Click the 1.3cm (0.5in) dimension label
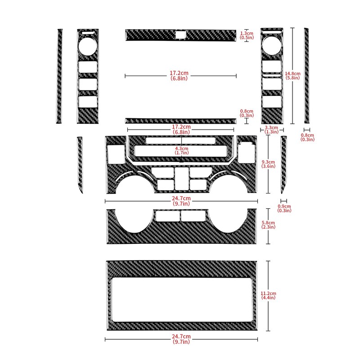[247, 36]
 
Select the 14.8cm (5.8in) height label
[293, 75]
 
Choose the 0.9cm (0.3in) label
[284, 208]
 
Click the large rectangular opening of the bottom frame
[181, 300]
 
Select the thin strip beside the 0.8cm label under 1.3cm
[181, 120]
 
